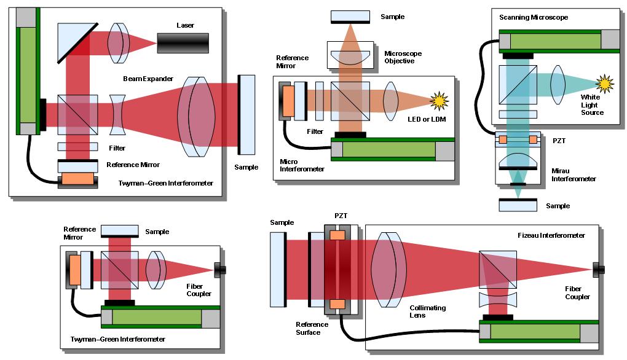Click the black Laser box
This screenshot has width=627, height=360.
(183, 43)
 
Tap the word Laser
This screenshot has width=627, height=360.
(185, 25)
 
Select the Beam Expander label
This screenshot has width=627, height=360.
(148, 79)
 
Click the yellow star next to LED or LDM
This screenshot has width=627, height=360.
(439, 101)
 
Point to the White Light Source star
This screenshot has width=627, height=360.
(605, 84)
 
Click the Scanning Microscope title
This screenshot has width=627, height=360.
(534, 17)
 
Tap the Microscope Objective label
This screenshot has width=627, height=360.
(403, 57)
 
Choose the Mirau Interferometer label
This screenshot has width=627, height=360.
(574, 174)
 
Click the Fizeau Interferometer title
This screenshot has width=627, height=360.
(551, 235)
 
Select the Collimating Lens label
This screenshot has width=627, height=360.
(427, 311)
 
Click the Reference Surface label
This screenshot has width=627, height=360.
(312, 328)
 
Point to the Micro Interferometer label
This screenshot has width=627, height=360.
(302, 165)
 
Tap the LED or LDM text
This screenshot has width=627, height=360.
(427, 119)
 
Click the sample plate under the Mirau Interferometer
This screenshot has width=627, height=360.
(518, 205)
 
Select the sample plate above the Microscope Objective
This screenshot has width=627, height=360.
(350, 17)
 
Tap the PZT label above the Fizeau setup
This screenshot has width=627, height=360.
(341, 216)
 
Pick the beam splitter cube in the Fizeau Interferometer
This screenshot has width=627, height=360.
(497, 269)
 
